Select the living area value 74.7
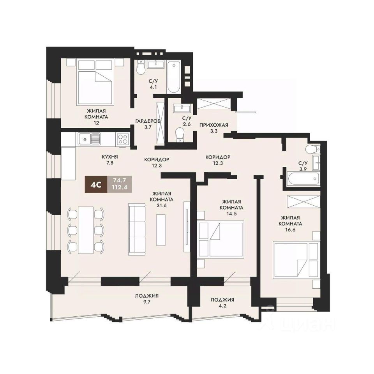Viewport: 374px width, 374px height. pyautogui.click(x=120, y=180)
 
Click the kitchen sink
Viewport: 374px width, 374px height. pyautogui.click(x=89, y=138)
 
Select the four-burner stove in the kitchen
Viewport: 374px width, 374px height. pyautogui.click(x=123, y=139)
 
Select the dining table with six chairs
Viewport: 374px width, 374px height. pyautogui.click(x=86, y=230)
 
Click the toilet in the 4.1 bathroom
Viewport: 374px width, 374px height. pyautogui.click(x=141, y=67)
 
